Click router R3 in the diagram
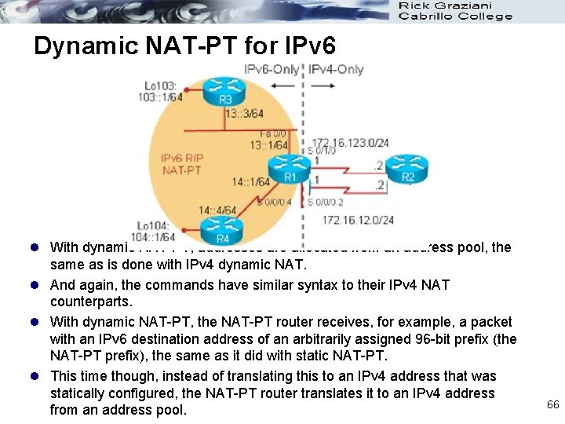225,93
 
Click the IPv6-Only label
272,69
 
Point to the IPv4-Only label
337,69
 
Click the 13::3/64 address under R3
244,114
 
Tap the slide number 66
552,404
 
